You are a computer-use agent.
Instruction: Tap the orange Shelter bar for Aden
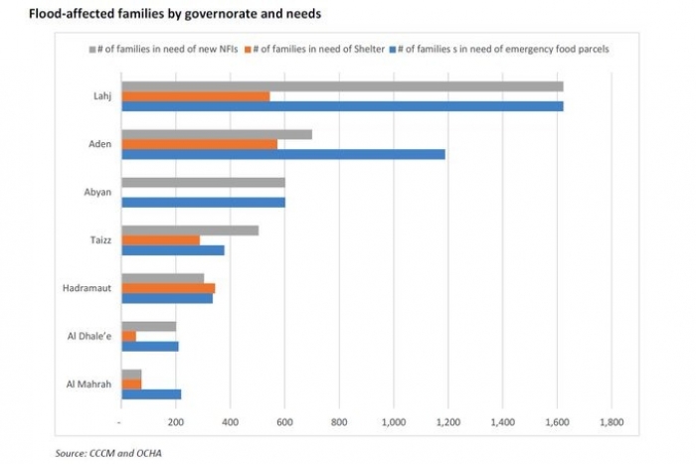tap(199, 144)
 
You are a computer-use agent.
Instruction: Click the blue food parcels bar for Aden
tap(282, 154)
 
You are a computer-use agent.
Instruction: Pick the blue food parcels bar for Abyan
tap(203, 202)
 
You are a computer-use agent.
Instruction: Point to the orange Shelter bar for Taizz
tap(160, 239)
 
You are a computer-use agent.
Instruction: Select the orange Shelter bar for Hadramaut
tap(168, 288)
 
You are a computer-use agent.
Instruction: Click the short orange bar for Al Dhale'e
tap(128, 336)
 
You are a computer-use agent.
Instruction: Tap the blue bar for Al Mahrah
tap(151, 393)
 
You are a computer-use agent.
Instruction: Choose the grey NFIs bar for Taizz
tap(190, 231)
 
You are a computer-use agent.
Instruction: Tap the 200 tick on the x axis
tap(176, 422)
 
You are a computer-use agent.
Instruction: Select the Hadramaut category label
tap(86, 288)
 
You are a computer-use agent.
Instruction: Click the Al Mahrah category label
tap(87, 384)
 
